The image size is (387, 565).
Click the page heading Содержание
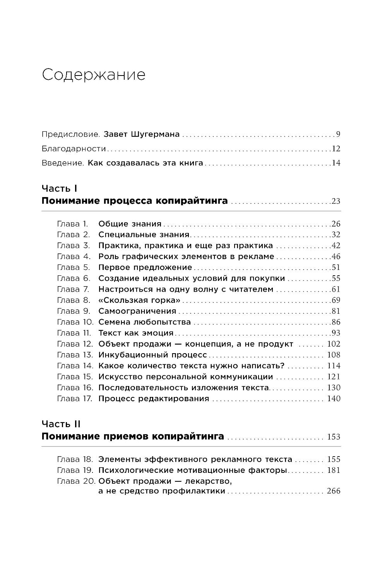(94, 75)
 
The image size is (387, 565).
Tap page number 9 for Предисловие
(338, 135)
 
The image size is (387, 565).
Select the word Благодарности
(74, 149)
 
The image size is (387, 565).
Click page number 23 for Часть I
(336, 201)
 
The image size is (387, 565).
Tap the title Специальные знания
(144, 235)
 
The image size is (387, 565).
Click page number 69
(336, 300)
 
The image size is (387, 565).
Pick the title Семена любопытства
(144, 322)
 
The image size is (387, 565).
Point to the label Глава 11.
(74, 333)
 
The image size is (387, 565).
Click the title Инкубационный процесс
(153, 355)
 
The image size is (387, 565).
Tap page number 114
(334, 366)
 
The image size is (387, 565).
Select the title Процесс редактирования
(154, 398)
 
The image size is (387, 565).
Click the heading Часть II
(61, 424)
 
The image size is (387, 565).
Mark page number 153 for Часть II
(334, 437)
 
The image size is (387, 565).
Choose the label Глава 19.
(75, 471)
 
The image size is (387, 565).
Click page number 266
(334, 491)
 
